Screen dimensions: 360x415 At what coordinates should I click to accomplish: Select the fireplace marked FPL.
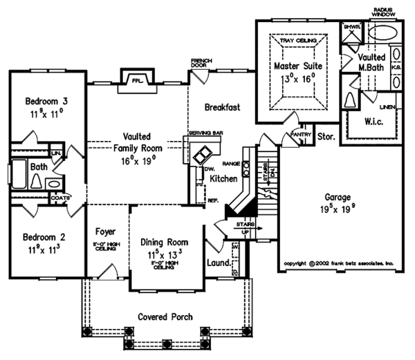point(137,79)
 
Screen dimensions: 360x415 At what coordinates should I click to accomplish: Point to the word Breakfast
point(222,107)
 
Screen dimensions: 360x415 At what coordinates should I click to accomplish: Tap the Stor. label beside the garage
point(326,138)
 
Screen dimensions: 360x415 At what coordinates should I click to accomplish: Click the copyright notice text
point(339,263)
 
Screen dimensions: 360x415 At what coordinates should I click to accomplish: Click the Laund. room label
point(219,263)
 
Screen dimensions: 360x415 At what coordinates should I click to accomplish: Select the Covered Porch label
point(165,317)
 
